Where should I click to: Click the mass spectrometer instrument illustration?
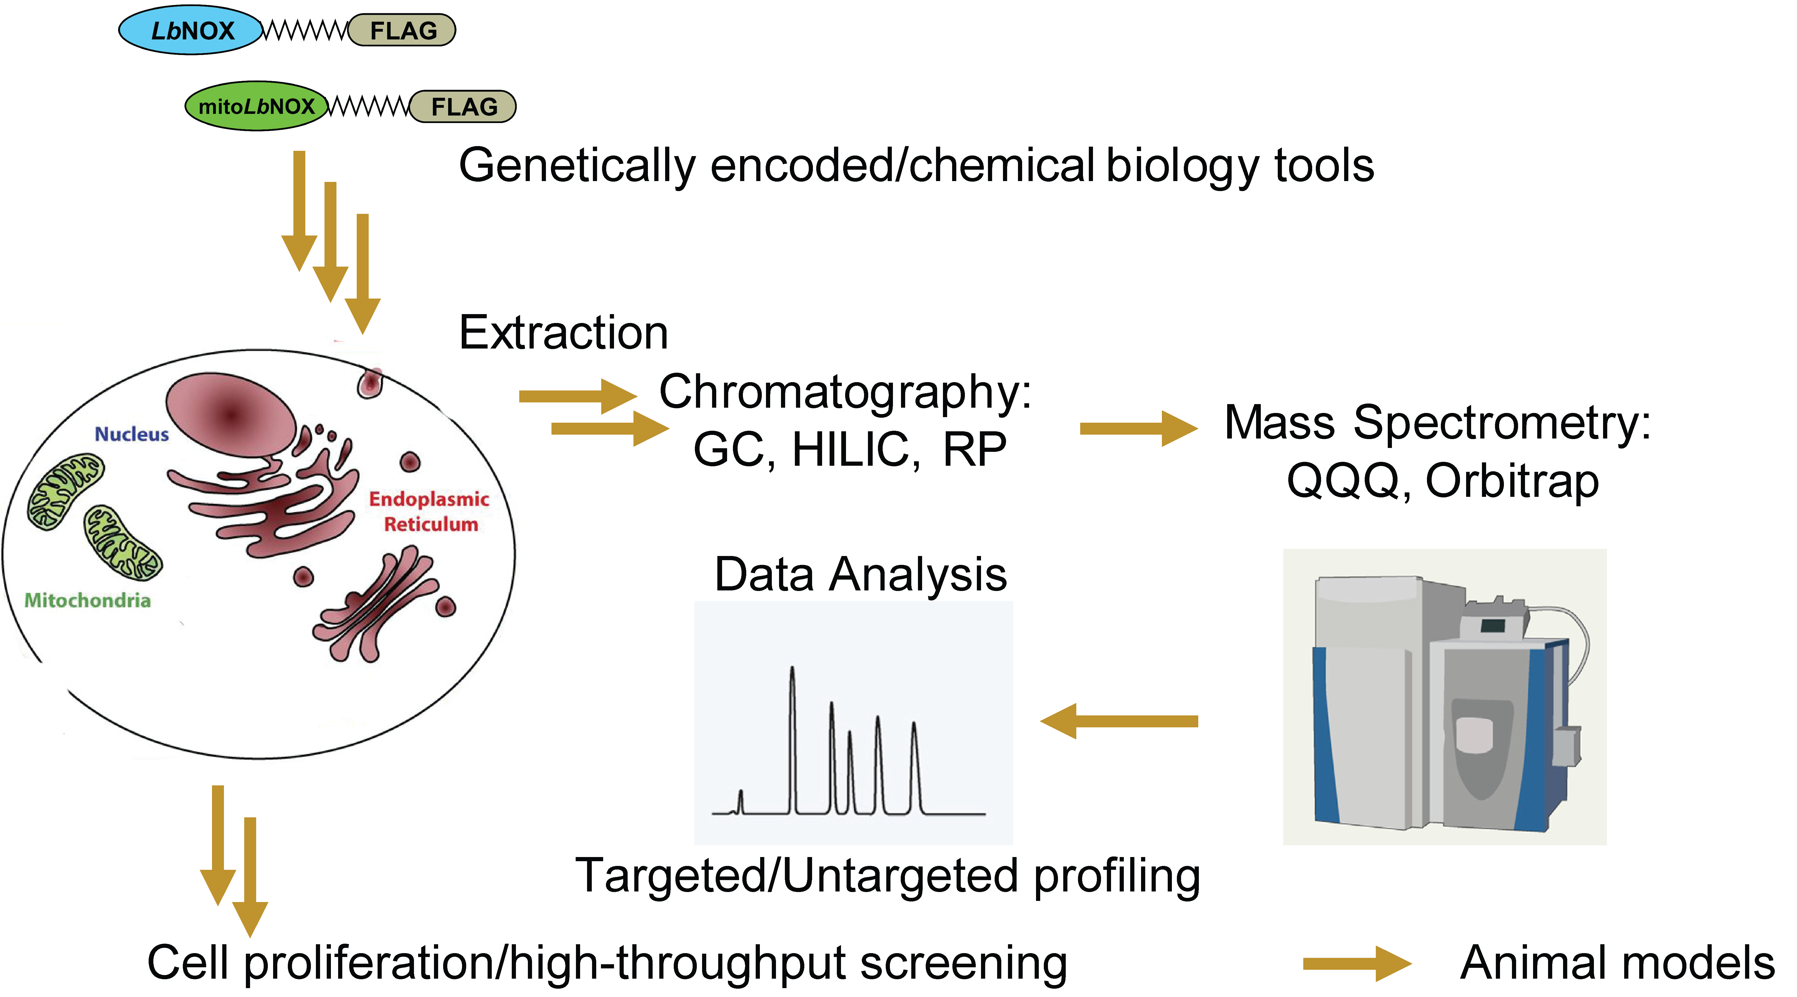point(1444,697)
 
